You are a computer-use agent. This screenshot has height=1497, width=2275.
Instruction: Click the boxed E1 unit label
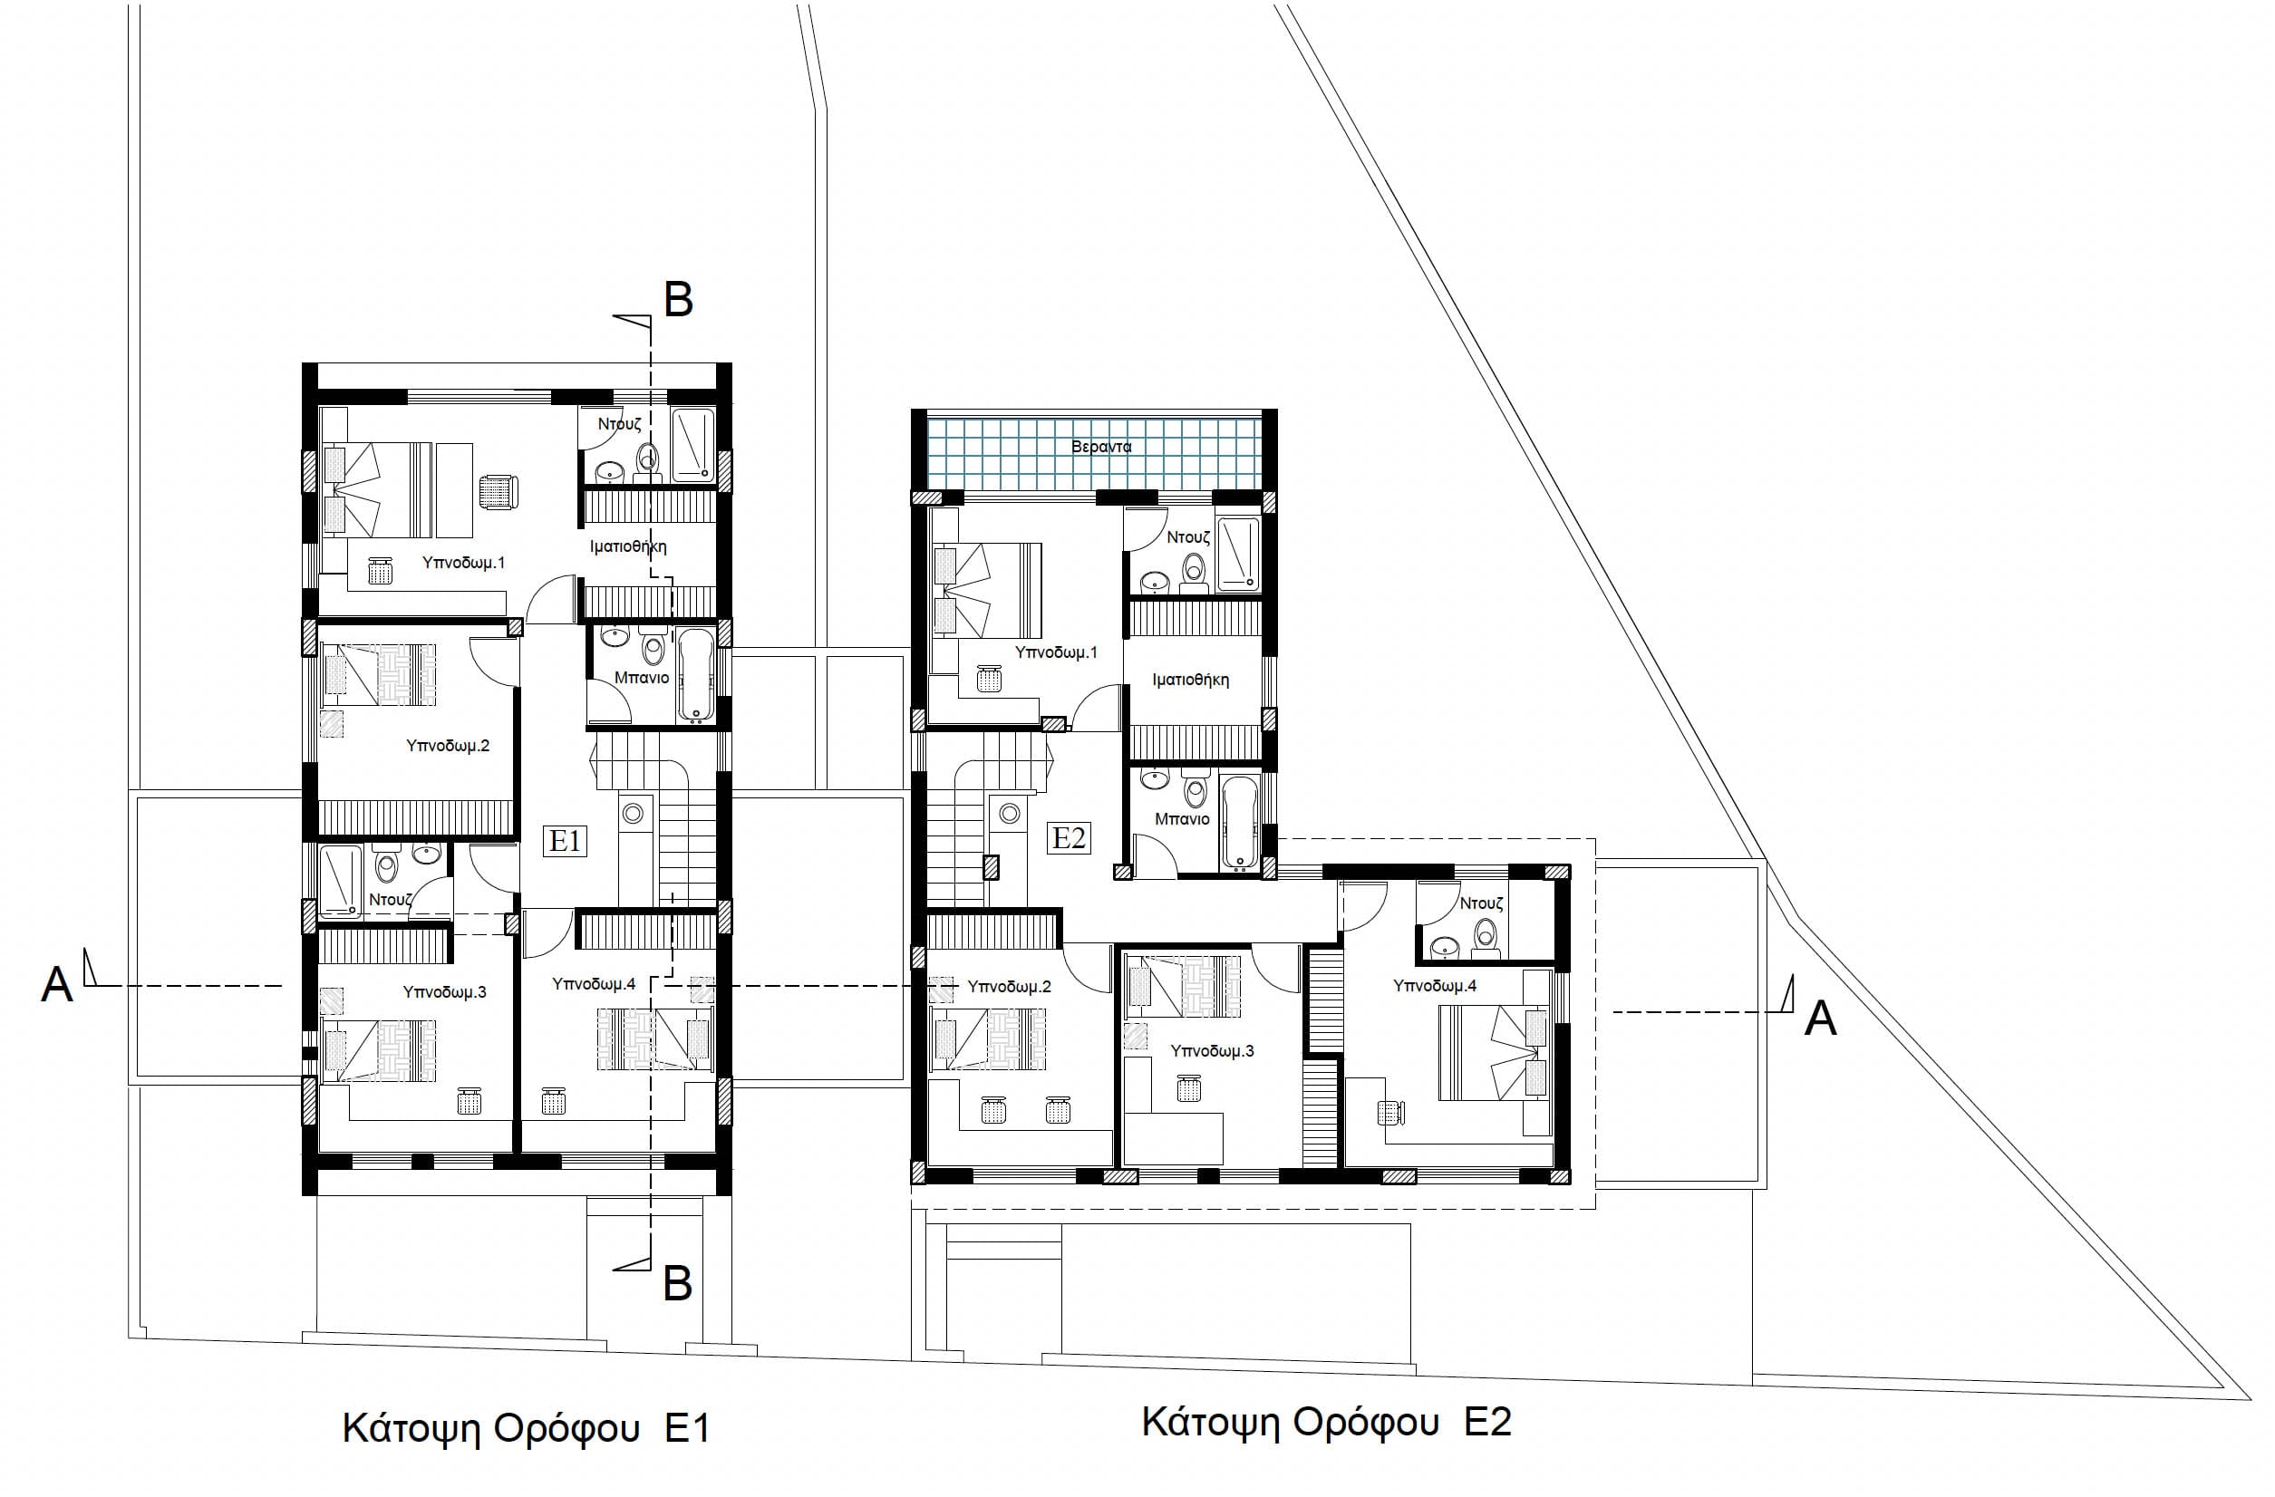tap(565, 841)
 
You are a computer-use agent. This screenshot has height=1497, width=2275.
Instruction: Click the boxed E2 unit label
tap(1069, 838)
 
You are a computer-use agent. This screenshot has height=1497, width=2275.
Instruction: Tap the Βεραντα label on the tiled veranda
tap(1101, 447)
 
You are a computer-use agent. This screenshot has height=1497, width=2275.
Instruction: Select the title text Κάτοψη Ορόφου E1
tap(526, 1429)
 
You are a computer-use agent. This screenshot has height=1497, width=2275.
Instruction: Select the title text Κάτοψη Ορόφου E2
tap(1327, 1423)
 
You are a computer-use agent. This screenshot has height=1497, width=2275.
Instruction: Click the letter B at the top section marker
tap(678, 300)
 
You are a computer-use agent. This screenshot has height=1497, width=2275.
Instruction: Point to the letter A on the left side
tap(56, 985)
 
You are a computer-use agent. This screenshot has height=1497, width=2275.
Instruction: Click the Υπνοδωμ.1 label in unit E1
tap(463, 563)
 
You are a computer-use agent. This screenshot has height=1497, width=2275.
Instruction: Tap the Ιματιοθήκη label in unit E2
tap(1190, 681)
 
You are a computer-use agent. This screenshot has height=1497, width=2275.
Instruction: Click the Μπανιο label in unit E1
tap(642, 678)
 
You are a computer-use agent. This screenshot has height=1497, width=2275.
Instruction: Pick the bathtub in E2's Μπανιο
tap(1239, 823)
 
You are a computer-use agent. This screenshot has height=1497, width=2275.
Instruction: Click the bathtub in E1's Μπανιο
tap(695, 674)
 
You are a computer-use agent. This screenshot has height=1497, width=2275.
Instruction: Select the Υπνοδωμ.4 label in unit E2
tap(1435, 986)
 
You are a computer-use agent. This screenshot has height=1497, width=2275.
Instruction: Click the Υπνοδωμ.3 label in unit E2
tap(1212, 1051)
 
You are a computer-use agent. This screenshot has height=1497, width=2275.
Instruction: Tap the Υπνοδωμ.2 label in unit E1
tap(448, 746)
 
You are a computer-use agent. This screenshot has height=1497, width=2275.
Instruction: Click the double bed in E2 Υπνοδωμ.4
tap(1493, 1051)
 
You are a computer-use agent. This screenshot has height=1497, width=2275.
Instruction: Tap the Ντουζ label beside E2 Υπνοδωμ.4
tap(1482, 903)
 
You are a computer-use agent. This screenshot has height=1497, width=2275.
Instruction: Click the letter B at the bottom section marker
tap(678, 1284)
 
